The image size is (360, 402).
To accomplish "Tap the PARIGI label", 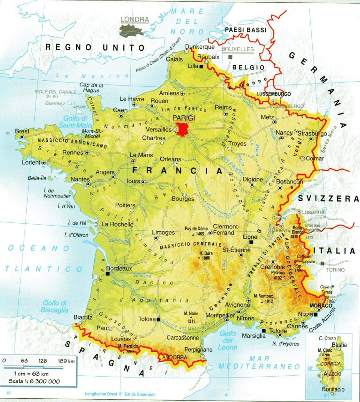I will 183,117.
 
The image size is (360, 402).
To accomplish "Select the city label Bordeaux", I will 119,269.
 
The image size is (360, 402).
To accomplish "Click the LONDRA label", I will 135,20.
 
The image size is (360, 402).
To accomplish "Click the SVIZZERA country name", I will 328,199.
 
